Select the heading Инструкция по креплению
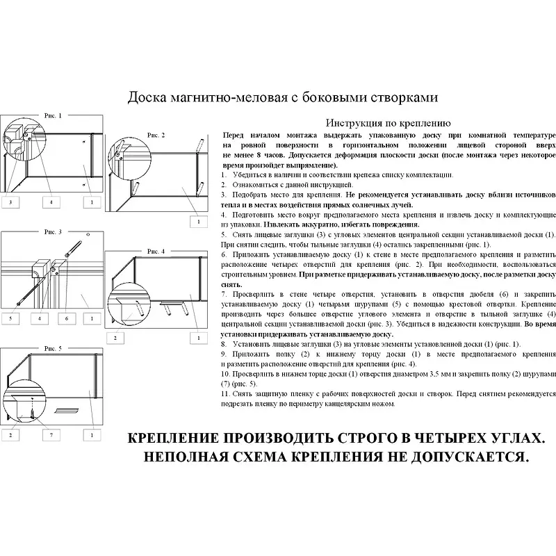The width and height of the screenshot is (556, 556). tap(389, 120)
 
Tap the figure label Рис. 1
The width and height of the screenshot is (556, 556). tap(53, 115)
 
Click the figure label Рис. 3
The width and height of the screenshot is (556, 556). tap(53, 231)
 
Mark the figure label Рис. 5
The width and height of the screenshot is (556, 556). tap(53, 347)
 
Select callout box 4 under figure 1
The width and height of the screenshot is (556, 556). tap(51, 202)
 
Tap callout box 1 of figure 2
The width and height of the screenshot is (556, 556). tap(198, 221)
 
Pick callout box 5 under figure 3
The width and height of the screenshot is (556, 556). tap(11, 318)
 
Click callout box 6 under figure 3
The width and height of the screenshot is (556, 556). tap(67, 318)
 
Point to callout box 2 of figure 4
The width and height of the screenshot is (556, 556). tap(114, 337)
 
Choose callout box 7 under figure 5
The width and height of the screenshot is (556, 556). tap(51, 435)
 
